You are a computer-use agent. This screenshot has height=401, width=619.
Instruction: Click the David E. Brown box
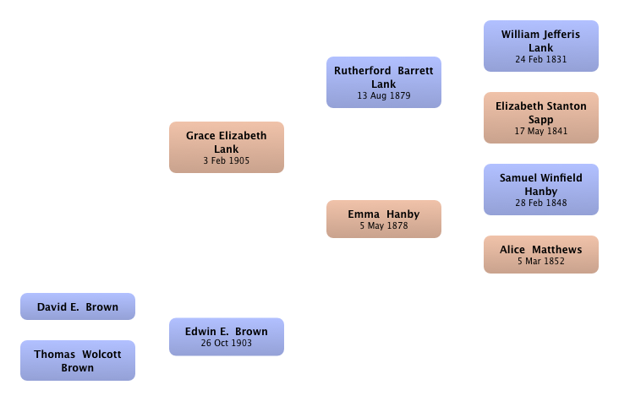click(x=78, y=306)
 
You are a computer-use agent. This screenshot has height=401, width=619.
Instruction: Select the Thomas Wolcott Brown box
click(x=78, y=360)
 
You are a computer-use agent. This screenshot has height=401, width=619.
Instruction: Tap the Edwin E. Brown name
click(x=227, y=331)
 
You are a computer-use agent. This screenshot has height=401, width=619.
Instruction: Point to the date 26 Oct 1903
click(x=227, y=343)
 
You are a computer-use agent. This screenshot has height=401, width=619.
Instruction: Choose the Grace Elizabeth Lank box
click(x=227, y=147)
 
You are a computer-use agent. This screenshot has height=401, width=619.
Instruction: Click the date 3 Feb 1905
click(x=227, y=160)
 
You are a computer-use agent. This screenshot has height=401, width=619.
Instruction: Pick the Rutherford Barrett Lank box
click(x=384, y=82)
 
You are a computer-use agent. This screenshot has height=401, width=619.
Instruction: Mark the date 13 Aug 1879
click(x=384, y=95)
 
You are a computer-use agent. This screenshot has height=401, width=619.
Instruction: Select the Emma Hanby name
click(x=384, y=214)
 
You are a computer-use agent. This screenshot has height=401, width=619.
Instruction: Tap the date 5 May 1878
click(x=384, y=225)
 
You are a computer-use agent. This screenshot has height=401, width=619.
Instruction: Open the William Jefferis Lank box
click(x=541, y=46)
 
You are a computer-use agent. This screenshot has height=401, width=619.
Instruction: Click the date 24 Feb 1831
click(x=541, y=59)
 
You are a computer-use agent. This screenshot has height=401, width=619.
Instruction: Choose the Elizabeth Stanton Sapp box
click(x=541, y=118)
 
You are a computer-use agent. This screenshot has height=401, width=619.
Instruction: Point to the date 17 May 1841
click(x=541, y=131)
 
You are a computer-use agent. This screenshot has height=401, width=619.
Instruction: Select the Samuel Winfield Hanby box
click(x=541, y=190)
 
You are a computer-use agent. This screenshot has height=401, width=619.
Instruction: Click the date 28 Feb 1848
click(x=541, y=203)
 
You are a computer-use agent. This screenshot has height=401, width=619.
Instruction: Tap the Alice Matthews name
click(x=541, y=250)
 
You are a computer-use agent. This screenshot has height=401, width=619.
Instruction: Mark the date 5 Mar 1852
click(x=541, y=261)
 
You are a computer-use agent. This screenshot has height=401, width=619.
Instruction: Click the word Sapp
click(x=541, y=120)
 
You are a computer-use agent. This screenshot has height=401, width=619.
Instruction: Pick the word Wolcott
click(x=101, y=354)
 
